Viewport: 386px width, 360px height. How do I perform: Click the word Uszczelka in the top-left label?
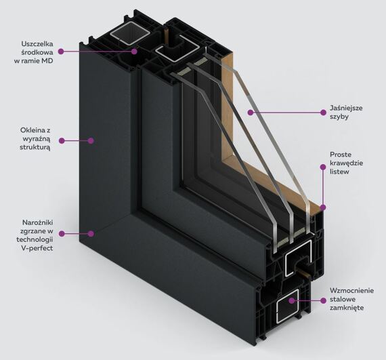(37, 44)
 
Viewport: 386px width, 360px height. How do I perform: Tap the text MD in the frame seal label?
(47, 61)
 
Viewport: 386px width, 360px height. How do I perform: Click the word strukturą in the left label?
(35, 148)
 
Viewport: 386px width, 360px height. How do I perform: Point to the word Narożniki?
(38, 222)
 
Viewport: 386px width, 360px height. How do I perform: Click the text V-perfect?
(37, 248)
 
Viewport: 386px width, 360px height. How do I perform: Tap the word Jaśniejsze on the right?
(346, 108)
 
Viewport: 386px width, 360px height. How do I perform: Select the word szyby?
(339, 117)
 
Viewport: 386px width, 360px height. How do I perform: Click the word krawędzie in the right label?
(346, 163)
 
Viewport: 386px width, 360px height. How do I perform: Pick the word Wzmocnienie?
(351, 291)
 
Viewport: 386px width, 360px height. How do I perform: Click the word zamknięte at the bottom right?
(347, 308)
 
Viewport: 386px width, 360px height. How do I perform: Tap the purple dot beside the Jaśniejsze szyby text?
(324, 113)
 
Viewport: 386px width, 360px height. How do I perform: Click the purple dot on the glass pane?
(251, 113)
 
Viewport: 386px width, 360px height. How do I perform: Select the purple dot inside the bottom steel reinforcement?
(292, 300)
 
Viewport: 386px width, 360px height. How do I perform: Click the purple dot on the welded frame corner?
(91, 234)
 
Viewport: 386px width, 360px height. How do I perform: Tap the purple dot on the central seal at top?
(134, 52)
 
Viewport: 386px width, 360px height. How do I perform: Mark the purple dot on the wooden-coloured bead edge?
(323, 207)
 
